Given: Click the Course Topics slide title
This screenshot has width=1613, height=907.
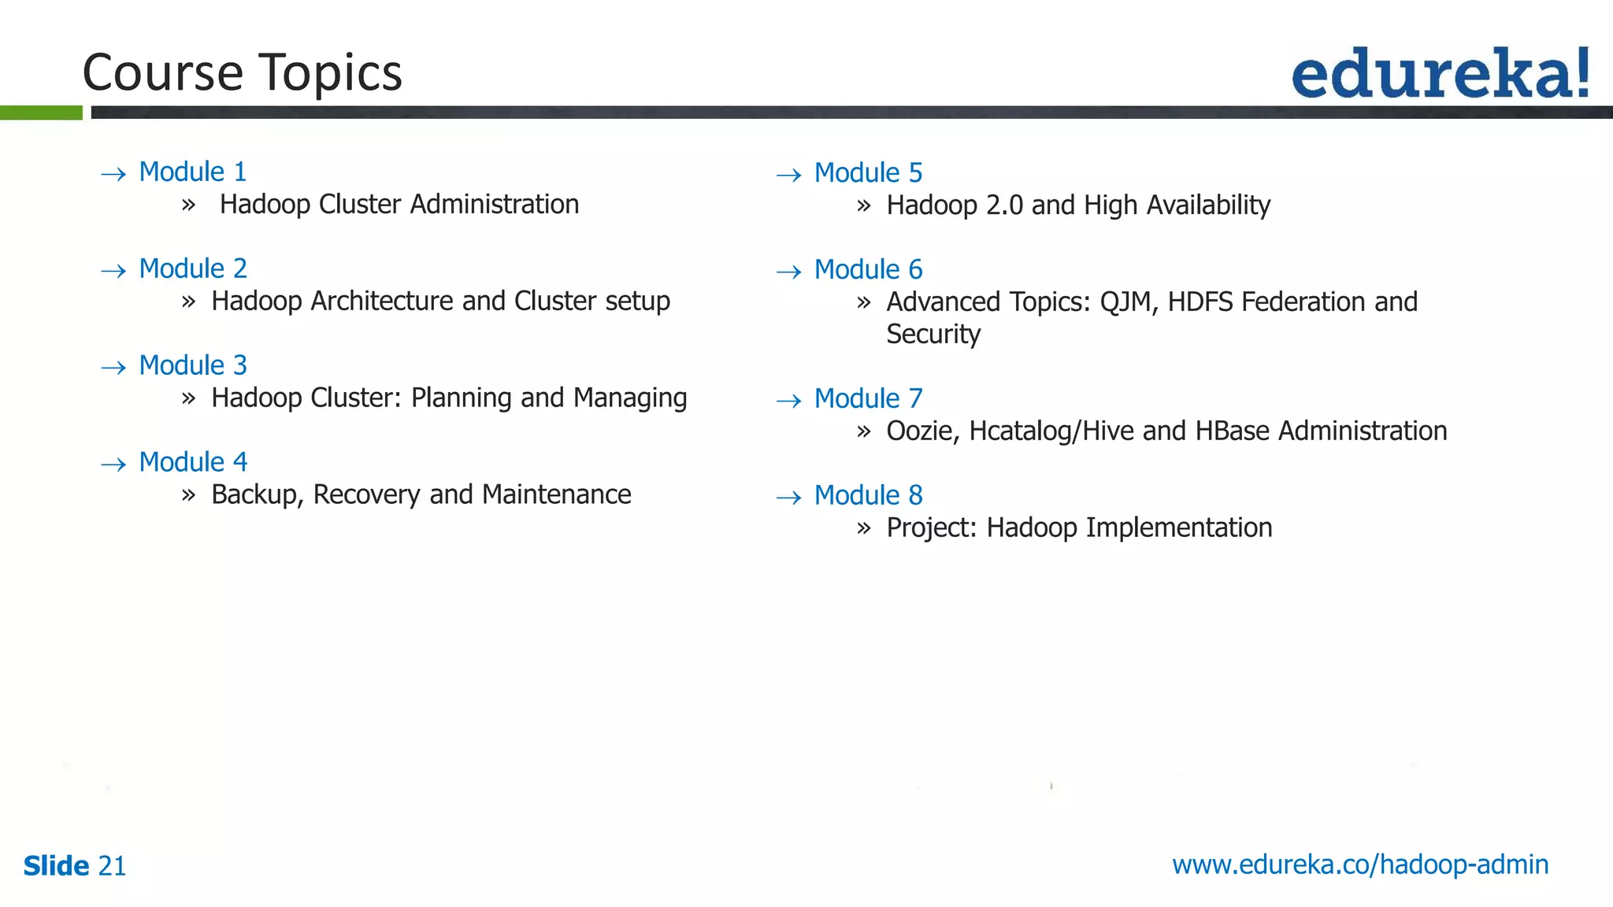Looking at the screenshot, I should [242, 72].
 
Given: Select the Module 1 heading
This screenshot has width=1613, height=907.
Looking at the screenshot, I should [192, 172].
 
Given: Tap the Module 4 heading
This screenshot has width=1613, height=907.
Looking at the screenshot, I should [192, 462].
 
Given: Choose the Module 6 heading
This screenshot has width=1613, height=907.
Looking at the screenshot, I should [868, 270].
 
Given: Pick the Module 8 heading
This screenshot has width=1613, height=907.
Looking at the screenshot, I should [868, 495].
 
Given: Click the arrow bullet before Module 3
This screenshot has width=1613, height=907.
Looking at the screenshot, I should [114, 368].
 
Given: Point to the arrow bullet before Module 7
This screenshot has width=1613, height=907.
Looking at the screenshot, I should [788, 402].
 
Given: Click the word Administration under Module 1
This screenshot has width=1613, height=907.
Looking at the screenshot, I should [494, 205].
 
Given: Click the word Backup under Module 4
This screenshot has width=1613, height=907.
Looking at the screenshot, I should [256, 495].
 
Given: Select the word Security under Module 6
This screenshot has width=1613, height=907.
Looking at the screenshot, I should [933, 335].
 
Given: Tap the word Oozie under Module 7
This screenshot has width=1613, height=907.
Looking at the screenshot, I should [922, 431].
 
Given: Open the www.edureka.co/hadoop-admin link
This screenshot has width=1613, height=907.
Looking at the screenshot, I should [1360, 864].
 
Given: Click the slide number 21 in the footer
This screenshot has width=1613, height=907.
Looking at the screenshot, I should [112, 866].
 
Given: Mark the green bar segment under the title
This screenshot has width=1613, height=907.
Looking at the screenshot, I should [41, 113].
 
